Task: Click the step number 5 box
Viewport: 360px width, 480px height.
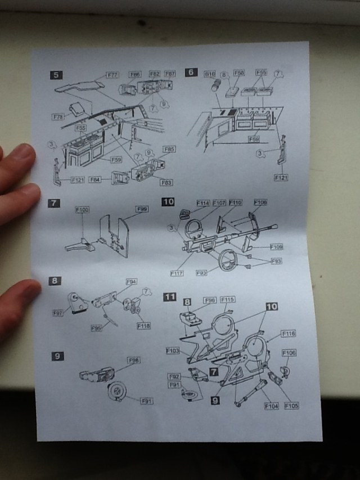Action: click(56, 74)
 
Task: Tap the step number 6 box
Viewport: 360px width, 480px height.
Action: click(191, 71)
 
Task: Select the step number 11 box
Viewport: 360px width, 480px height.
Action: click(169, 297)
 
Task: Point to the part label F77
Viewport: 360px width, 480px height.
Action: click(112, 74)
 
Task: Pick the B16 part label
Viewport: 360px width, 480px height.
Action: click(210, 73)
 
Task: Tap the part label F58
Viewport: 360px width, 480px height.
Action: click(239, 73)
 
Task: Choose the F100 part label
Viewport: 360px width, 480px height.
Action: click(82, 210)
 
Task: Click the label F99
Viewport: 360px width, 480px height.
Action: click(143, 209)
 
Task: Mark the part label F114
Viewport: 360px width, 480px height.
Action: click(202, 203)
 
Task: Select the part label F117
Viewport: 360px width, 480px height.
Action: click(177, 273)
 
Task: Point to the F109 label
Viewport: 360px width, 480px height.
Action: click(276, 246)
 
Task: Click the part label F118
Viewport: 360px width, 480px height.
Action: click(143, 326)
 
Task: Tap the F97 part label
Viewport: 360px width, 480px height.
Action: click(58, 312)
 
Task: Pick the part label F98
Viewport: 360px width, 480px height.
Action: click(133, 360)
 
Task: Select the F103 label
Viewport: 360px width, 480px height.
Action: click(172, 351)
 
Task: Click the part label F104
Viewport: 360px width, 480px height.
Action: click(271, 405)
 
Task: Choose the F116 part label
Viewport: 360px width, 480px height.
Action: click(288, 334)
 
